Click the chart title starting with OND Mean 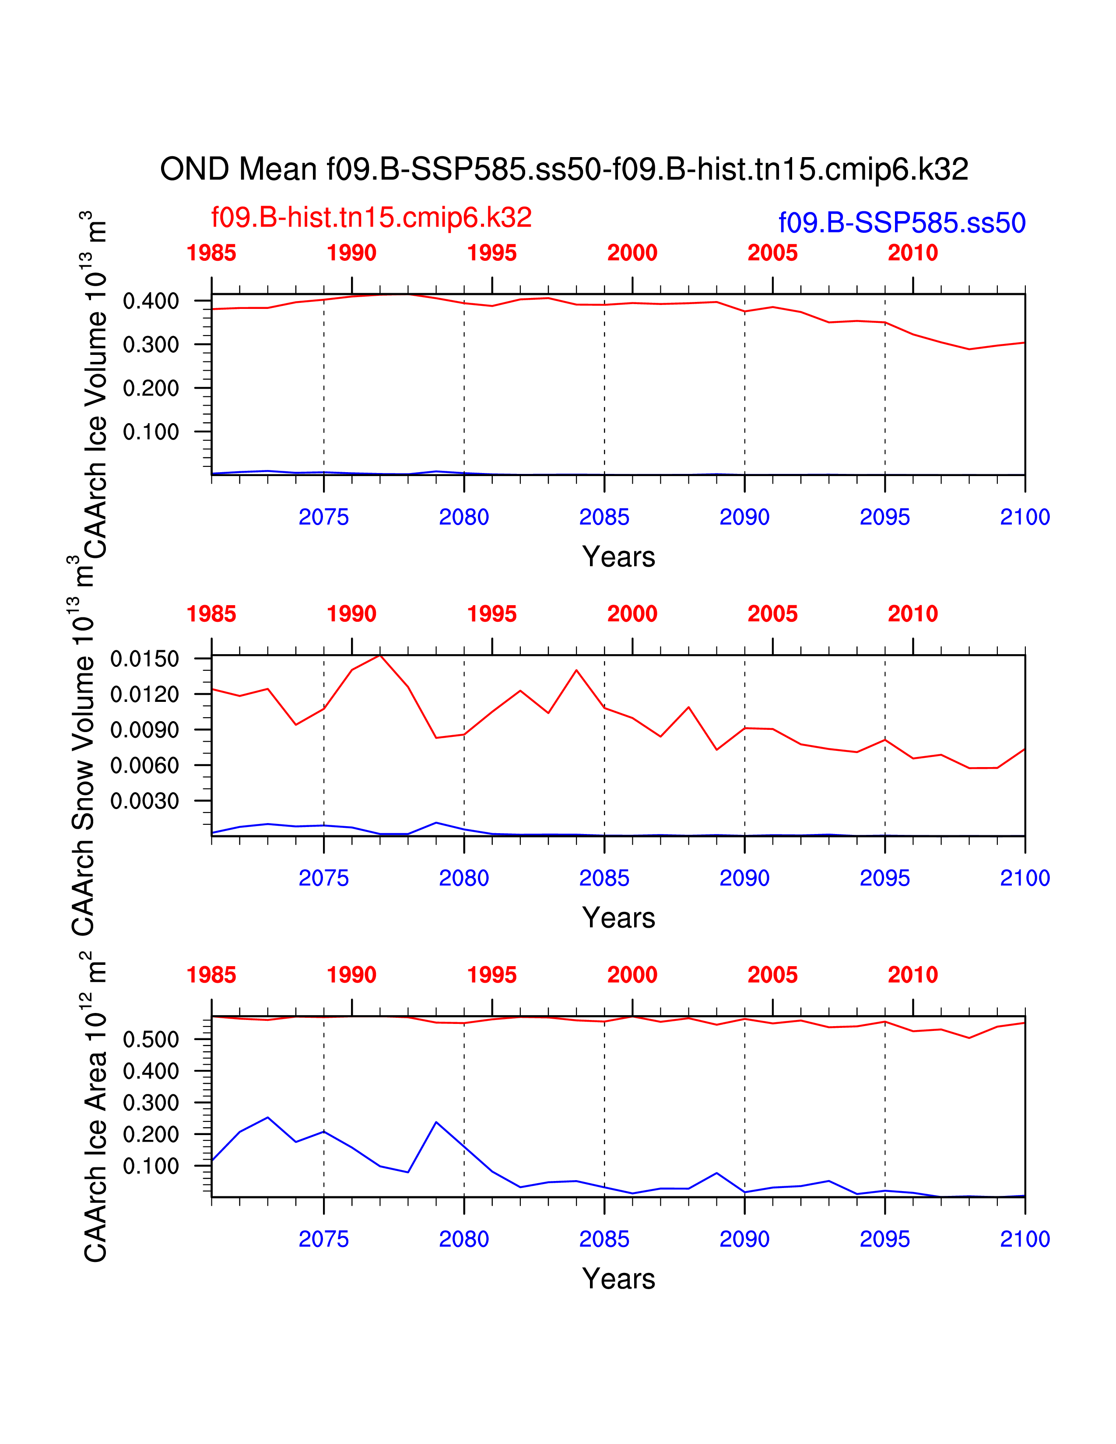pos(564,169)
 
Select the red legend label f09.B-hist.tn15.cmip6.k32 pos(372,217)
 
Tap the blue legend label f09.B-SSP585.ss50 pos(902,223)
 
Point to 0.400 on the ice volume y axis pos(151,301)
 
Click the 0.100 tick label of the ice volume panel pos(151,432)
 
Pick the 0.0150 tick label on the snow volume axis pos(145,659)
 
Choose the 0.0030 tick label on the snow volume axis pos(145,801)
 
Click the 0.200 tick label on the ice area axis pos(151,1135)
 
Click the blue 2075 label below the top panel pos(324,517)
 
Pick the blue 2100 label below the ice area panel pos(1025,1239)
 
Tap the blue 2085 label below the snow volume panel pos(604,878)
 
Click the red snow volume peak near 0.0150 pos(380,655)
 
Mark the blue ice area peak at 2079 pos(436,1122)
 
